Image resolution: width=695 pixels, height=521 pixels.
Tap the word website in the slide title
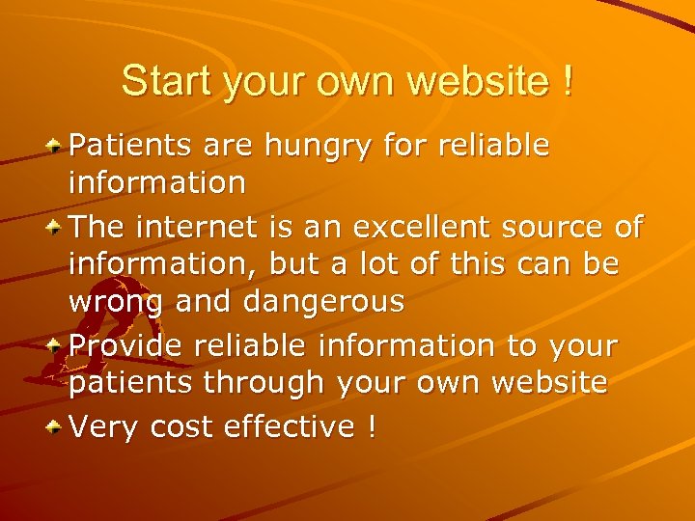click(478, 80)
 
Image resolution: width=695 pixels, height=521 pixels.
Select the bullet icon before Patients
click(56, 146)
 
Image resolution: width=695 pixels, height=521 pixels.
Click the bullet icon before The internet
click(56, 227)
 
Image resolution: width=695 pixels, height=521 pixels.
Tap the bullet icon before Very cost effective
click(56, 425)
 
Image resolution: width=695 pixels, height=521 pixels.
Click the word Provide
click(125, 345)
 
